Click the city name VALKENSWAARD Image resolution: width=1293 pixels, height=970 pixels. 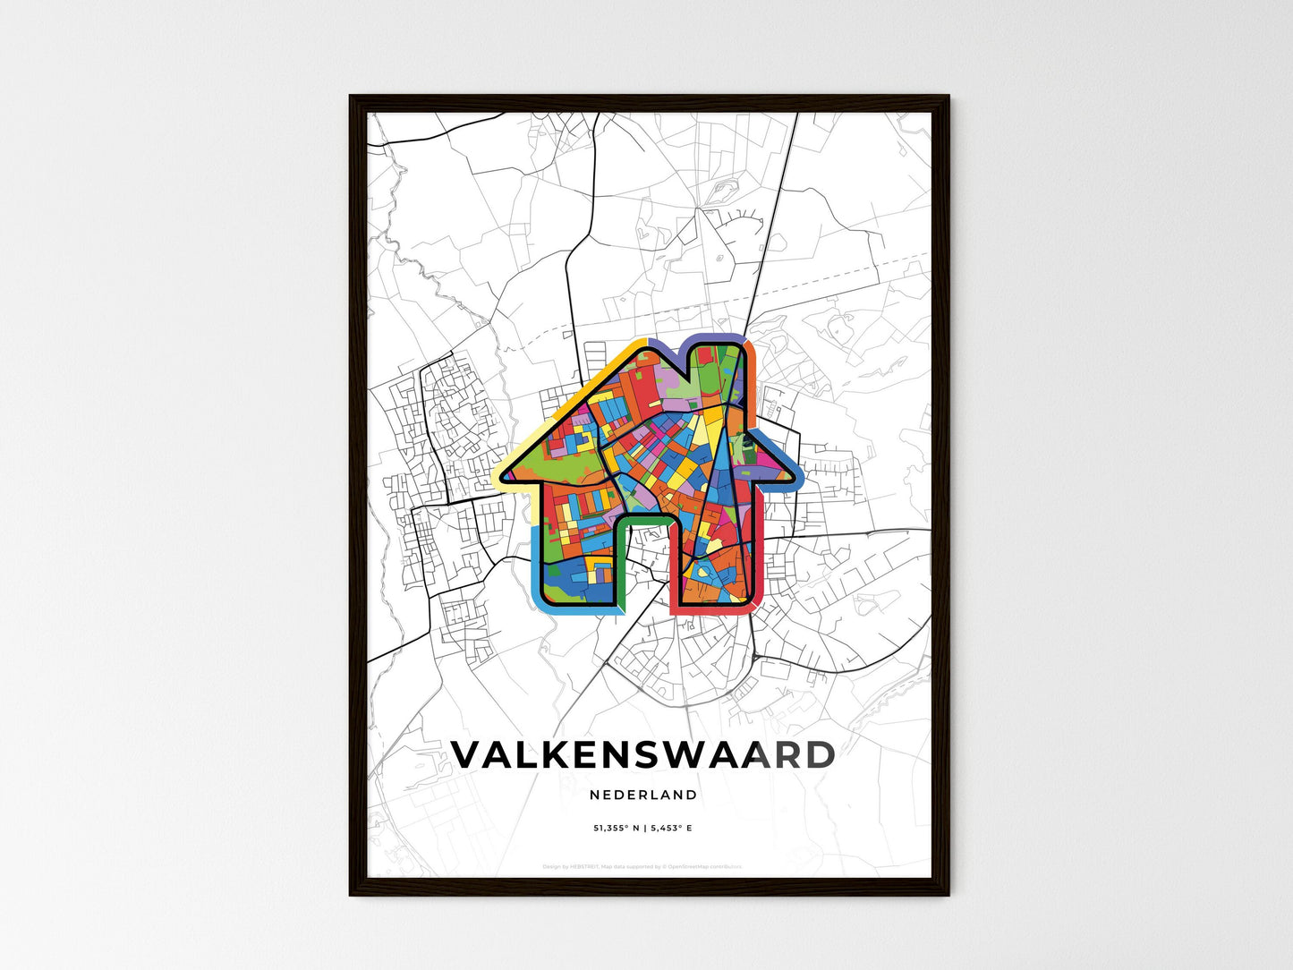[642, 755]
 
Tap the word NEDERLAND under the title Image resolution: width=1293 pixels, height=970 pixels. [643, 795]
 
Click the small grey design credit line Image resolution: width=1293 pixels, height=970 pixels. [642, 866]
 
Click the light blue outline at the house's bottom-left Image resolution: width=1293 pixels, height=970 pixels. [538, 573]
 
